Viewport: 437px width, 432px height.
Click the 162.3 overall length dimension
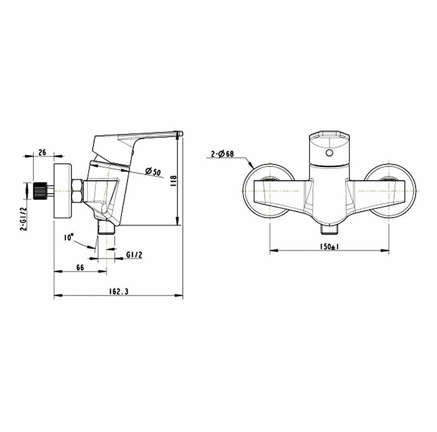point(118,291)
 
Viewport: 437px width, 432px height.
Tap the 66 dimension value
point(80,268)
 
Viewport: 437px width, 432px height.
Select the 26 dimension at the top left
point(42,152)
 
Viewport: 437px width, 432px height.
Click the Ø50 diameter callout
point(153,171)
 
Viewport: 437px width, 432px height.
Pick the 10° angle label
point(69,237)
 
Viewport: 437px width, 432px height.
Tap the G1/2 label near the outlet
point(134,255)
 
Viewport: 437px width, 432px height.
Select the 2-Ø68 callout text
point(222,154)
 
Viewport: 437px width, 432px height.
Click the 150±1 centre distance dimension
point(329,247)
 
